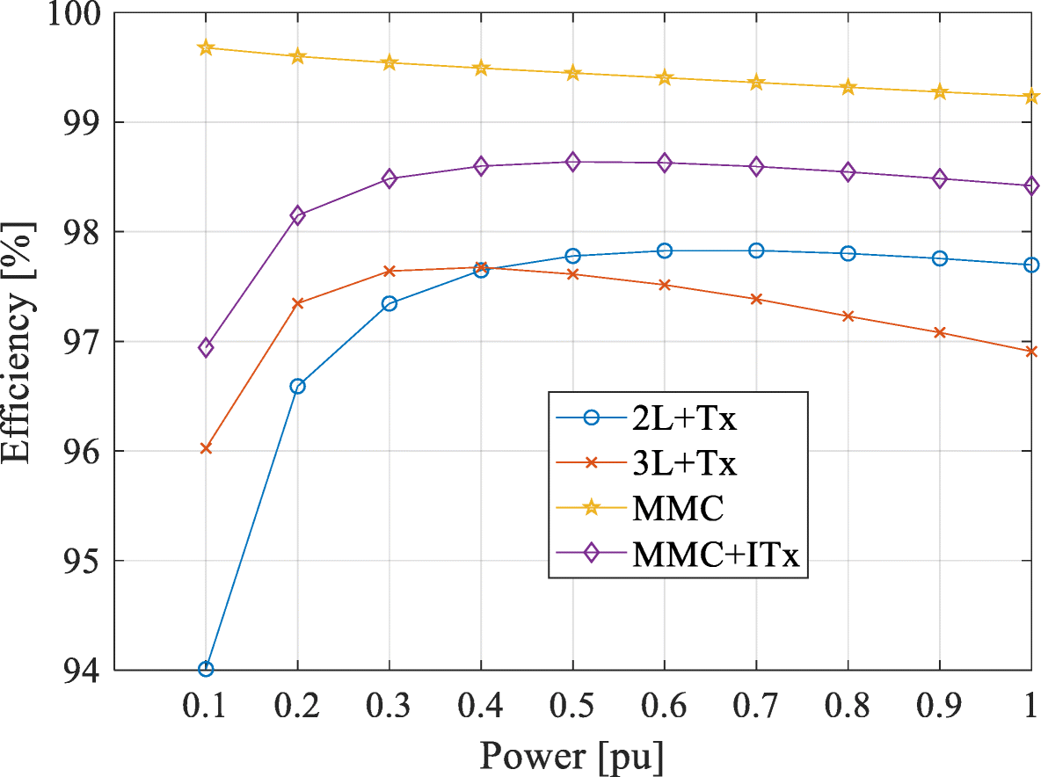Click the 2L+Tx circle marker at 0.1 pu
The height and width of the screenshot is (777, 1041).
pyautogui.click(x=206, y=669)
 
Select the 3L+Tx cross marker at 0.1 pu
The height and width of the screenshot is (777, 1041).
pyautogui.click(x=206, y=448)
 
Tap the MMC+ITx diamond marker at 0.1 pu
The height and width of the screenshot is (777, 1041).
pyautogui.click(x=206, y=347)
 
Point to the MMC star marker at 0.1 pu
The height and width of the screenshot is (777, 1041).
pyautogui.click(x=206, y=47)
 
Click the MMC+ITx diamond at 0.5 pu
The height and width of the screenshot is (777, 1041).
pyautogui.click(x=572, y=162)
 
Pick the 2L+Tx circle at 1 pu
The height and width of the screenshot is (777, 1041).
pyautogui.click(x=1031, y=265)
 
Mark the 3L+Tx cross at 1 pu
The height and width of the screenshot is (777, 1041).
pyautogui.click(x=1031, y=352)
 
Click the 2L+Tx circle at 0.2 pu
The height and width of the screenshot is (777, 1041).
pyautogui.click(x=297, y=386)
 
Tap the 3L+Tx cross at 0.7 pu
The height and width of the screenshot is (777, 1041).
pyautogui.click(x=756, y=299)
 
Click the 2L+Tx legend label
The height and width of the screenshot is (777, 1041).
pyautogui.click(x=684, y=419)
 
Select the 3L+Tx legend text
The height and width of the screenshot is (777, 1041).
pyautogui.click(x=684, y=463)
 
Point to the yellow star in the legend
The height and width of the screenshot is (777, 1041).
pyautogui.click(x=591, y=508)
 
